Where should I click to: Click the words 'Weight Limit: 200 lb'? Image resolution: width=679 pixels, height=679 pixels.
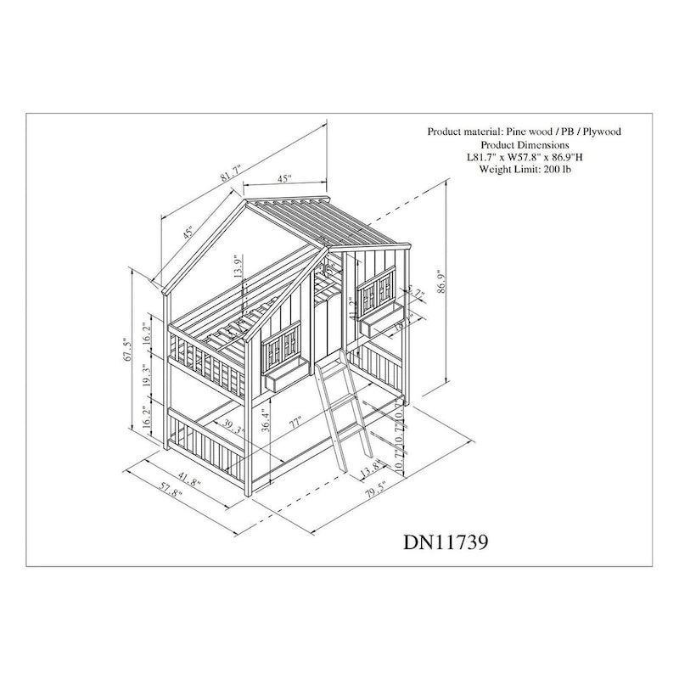pyautogui.click(x=524, y=170)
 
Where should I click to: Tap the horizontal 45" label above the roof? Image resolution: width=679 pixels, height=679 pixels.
pyautogui.click(x=283, y=179)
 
